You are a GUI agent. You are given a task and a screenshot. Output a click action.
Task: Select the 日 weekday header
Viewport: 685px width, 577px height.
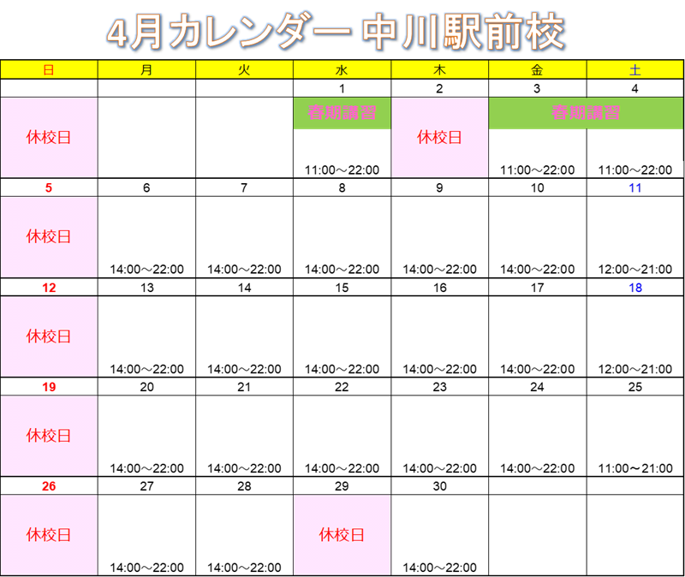click(x=49, y=70)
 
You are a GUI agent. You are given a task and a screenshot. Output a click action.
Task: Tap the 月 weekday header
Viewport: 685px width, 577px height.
click(x=146, y=70)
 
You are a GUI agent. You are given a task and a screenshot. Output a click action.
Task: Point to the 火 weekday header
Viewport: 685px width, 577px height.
click(x=244, y=70)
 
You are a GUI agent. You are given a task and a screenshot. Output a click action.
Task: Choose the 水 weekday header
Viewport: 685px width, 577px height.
click(x=342, y=70)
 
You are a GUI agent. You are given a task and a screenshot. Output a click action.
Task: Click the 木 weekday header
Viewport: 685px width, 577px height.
click(x=439, y=70)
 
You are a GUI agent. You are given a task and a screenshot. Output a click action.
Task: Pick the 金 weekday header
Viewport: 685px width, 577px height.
click(x=537, y=70)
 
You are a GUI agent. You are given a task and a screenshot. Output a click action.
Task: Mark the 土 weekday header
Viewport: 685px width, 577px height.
click(x=634, y=70)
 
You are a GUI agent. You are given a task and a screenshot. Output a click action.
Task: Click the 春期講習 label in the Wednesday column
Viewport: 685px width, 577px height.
click(x=342, y=113)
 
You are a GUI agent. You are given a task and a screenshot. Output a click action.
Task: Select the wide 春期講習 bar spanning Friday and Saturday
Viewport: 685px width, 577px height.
click(x=586, y=113)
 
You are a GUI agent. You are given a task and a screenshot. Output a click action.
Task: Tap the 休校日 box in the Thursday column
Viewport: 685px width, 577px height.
click(x=439, y=137)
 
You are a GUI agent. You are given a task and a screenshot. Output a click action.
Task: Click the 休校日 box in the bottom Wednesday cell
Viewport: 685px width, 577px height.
click(x=342, y=535)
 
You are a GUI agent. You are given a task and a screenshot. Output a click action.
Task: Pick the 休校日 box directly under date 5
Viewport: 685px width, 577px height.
click(x=49, y=237)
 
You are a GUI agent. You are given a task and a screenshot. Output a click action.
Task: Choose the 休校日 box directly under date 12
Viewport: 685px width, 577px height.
click(x=49, y=336)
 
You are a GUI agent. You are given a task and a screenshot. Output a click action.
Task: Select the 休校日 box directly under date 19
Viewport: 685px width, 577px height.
click(x=49, y=436)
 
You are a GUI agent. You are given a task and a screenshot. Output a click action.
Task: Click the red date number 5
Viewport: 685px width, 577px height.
click(x=49, y=188)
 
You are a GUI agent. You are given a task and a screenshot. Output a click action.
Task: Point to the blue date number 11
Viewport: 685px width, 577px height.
click(x=634, y=188)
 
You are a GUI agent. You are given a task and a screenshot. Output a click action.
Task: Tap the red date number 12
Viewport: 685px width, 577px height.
click(x=49, y=288)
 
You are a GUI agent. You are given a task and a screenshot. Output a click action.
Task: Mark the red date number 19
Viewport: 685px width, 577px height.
click(x=49, y=387)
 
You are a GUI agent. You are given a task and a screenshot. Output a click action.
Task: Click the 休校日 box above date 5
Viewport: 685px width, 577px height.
click(x=49, y=137)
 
